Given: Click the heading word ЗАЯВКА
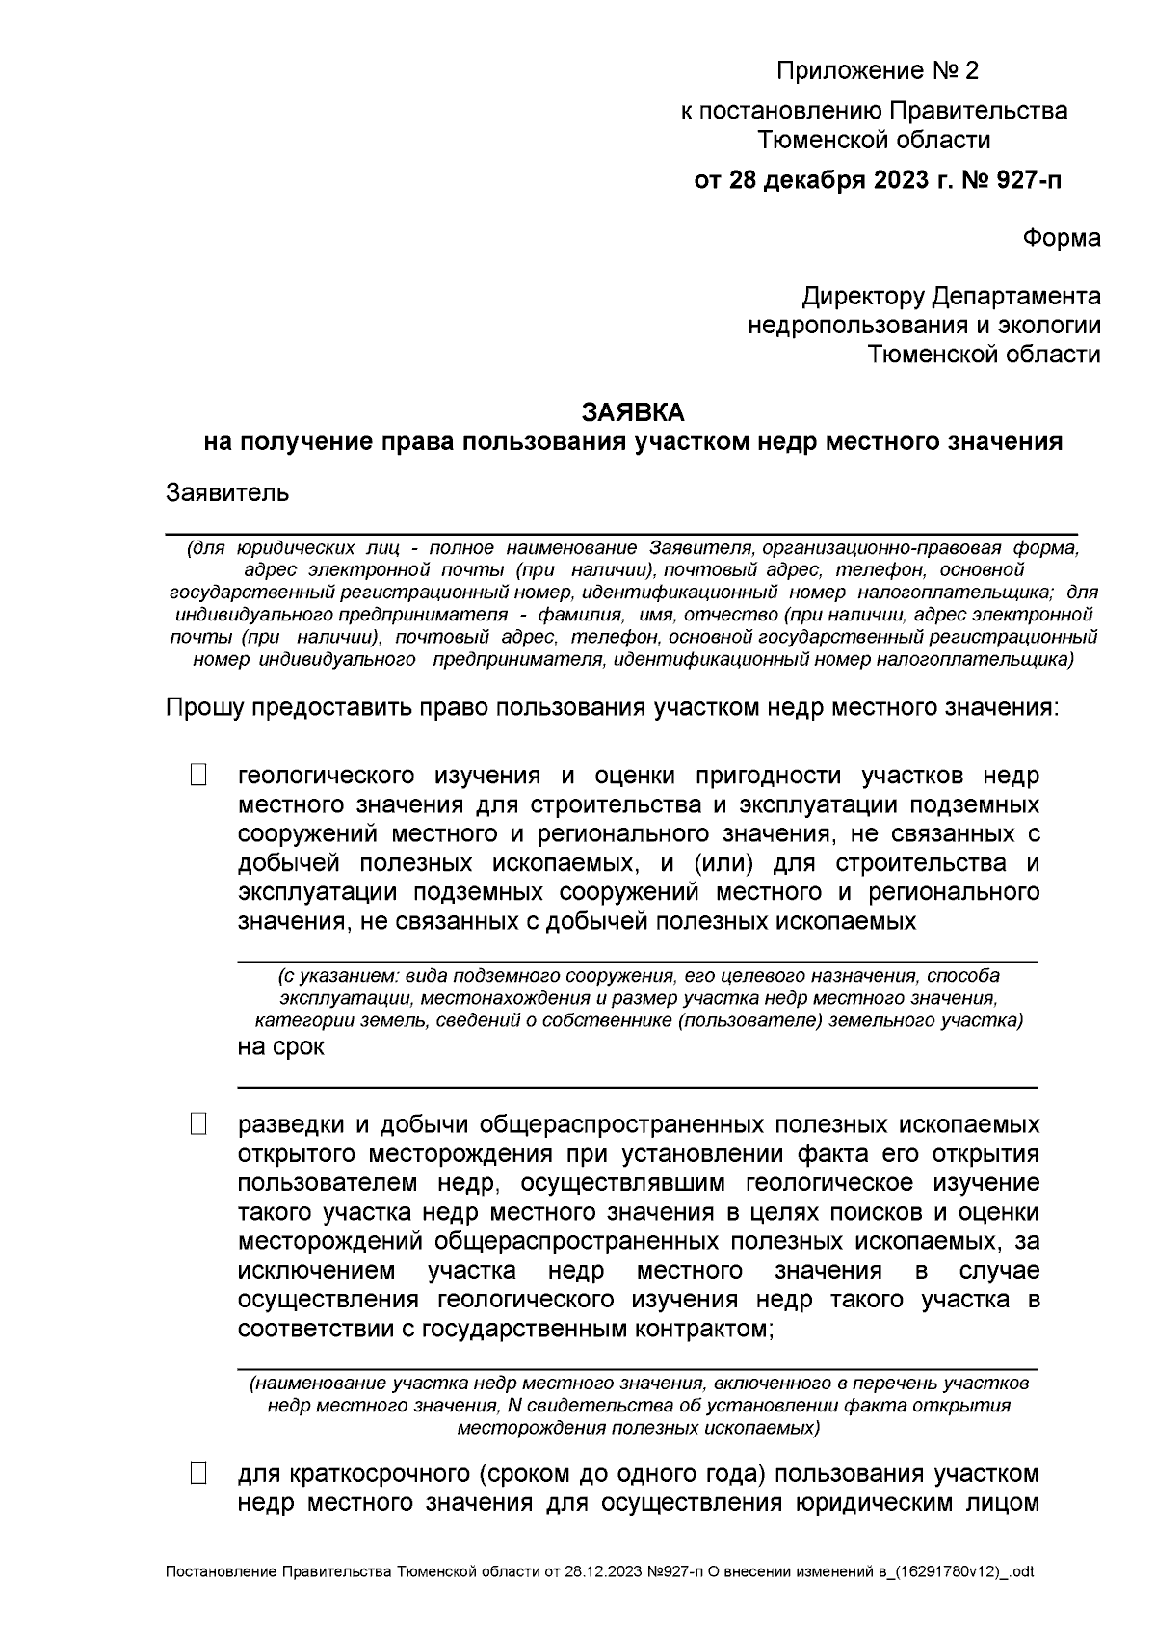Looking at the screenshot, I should (633, 412).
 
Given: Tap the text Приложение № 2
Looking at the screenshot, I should (877, 71).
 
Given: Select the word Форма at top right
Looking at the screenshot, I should (1061, 238).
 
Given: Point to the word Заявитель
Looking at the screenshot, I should (227, 493).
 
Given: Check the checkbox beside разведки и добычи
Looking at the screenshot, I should (198, 1124).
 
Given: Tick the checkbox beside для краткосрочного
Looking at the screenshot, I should (198, 1473).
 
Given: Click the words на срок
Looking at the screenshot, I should (280, 1047).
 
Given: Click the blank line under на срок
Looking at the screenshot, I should (636, 1086).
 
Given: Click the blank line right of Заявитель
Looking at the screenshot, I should (674, 531).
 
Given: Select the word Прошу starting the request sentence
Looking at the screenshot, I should (204, 708).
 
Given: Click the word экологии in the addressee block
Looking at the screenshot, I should (1050, 325).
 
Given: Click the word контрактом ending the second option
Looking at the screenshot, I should (699, 1330).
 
